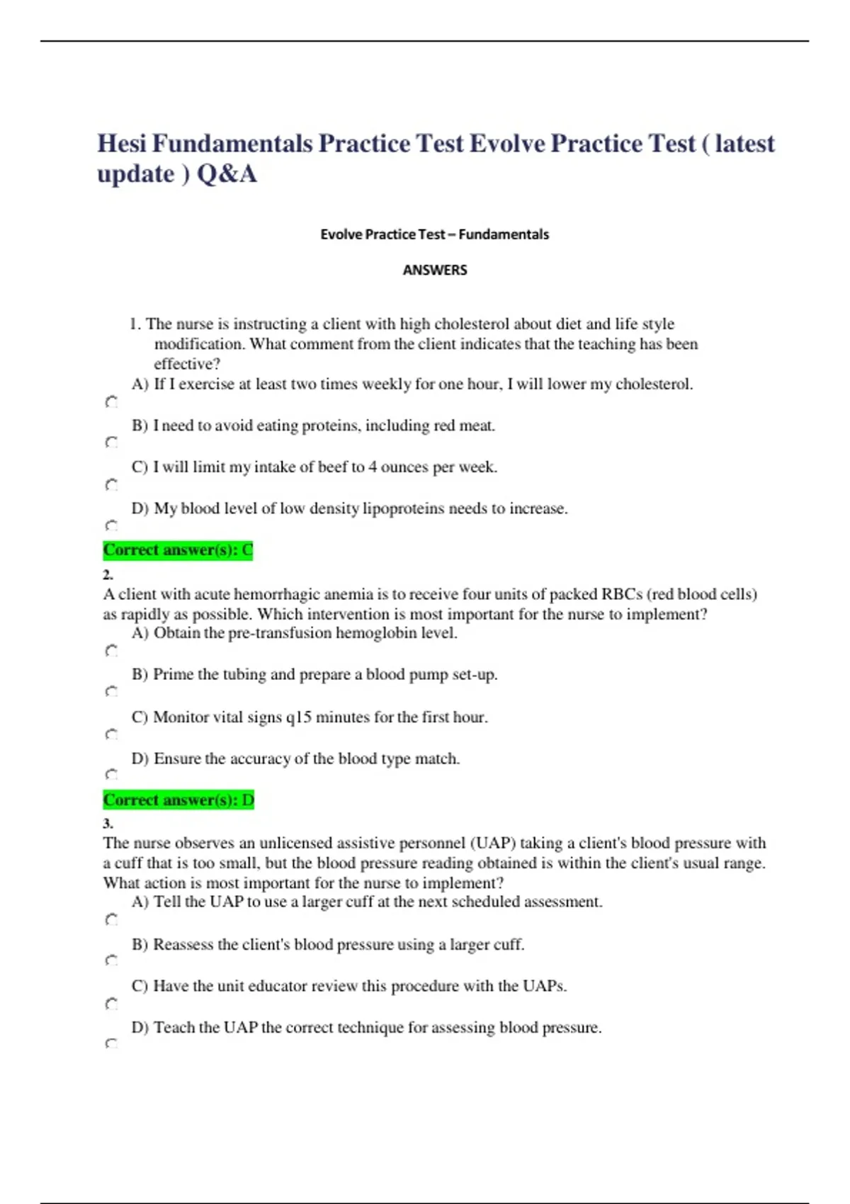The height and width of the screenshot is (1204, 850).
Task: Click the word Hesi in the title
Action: pos(121,144)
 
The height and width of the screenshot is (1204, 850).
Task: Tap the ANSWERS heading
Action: pos(434,270)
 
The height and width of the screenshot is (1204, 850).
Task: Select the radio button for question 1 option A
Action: pos(111,402)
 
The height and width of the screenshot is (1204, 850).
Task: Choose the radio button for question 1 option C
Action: pos(111,485)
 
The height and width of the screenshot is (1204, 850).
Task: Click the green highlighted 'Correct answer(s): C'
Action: pos(178,550)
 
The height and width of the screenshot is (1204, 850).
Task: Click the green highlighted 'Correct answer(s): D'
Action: pos(178,800)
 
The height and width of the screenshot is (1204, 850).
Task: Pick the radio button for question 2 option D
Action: pos(111,775)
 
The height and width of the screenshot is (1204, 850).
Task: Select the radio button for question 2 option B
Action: pos(111,691)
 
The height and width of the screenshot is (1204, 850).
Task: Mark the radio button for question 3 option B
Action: pos(111,961)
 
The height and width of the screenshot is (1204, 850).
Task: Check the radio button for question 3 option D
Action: pos(111,1044)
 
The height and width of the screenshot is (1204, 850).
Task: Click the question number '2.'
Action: pos(108,574)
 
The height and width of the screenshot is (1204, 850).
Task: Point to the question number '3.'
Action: pos(108,824)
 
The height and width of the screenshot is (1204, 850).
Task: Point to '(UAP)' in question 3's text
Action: pos(492,844)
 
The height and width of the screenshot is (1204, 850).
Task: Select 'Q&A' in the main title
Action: pos(227,174)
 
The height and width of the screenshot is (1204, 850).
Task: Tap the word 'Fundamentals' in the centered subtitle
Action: pos(504,234)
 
